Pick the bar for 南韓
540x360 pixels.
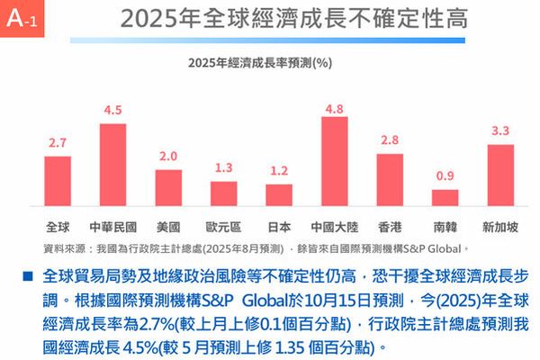(x=445, y=198)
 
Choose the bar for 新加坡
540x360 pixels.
(x=500, y=175)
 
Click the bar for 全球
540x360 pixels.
(x=58, y=181)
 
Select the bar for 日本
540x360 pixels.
(x=279, y=195)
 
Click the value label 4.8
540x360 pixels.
(x=334, y=109)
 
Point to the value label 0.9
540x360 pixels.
(x=445, y=176)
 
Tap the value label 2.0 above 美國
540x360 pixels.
(x=168, y=157)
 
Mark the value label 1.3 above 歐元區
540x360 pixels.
(x=224, y=168)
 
